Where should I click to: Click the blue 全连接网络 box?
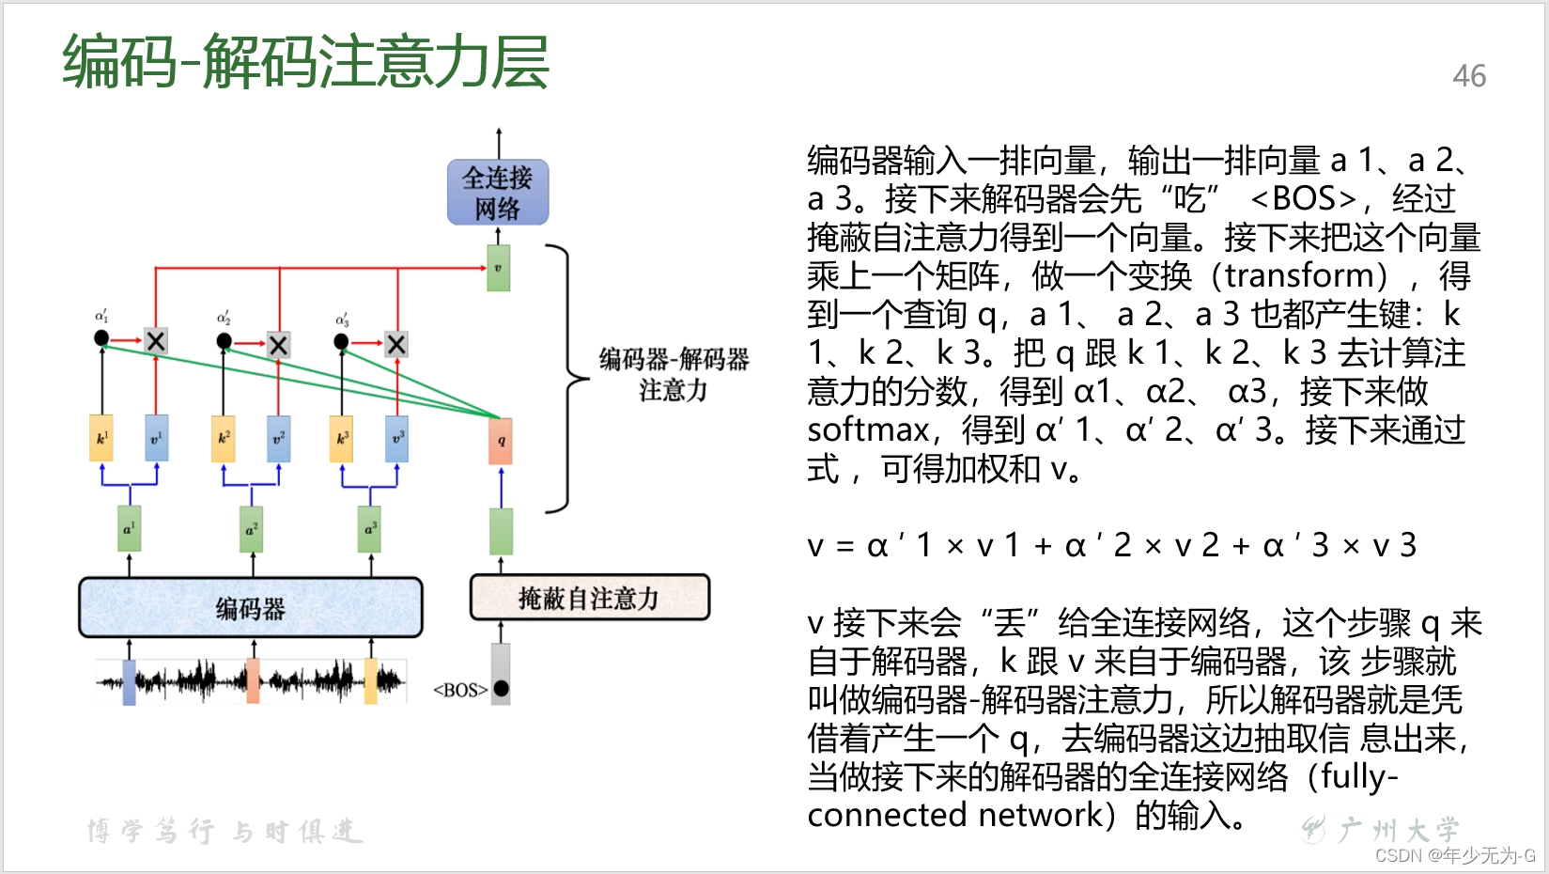coord(498,193)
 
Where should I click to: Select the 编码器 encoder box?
coord(251,608)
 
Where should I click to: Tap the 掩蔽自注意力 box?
coord(589,598)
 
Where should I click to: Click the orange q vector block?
coord(501,441)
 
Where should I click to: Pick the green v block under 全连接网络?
coord(498,268)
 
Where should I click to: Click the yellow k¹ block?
coord(101,438)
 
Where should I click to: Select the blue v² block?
coord(278,439)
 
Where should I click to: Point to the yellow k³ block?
coord(342,439)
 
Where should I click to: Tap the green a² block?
coord(251,530)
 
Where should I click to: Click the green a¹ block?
coord(130,530)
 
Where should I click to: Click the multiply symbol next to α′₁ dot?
coord(156,341)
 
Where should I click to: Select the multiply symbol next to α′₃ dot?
coord(396,345)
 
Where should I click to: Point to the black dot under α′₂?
coord(224,341)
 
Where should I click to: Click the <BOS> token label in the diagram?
coord(460,690)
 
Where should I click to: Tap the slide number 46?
coord(1469,76)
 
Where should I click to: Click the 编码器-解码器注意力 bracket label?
coord(674,374)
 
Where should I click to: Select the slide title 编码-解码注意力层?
coord(306,62)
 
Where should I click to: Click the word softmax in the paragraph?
coord(868,429)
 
